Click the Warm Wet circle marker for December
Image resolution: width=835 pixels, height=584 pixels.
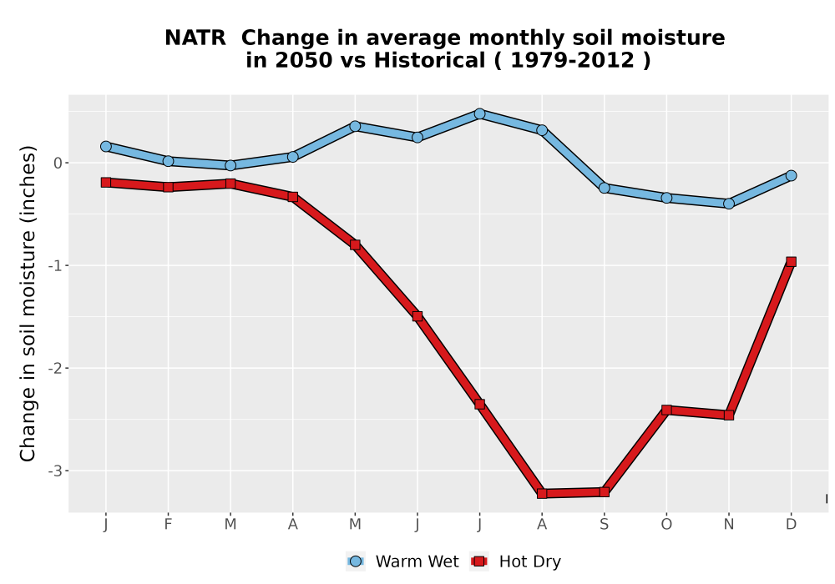(x=791, y=175)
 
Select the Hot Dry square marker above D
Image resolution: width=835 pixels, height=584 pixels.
(x=791, y=262)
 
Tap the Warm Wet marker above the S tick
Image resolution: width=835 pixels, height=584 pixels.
(x=604, y=188)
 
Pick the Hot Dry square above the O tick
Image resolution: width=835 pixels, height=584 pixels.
(x=666, y=410)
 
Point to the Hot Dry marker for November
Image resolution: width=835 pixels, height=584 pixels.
(x=728, y=415)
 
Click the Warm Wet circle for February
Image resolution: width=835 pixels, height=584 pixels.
(x=169, y=161)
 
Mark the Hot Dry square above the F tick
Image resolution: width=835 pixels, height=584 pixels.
(x=169, y=187)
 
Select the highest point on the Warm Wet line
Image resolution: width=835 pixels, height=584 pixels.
(x=479, y=113)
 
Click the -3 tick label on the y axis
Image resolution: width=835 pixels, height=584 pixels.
(x=55, y=471)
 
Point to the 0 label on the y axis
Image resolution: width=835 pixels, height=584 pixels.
(x=58, y=164)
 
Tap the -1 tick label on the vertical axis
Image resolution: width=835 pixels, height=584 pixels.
(x=55, y=266)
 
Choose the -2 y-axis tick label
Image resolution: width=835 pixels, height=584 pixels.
(x=55, y=369)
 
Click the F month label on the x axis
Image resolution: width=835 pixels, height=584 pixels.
(x=169, y=525)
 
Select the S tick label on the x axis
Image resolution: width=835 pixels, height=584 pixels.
(x=604, y=525)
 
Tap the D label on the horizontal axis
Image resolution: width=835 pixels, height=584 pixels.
(x=791, y=525)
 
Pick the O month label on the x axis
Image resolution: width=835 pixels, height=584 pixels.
(x=666, y=525)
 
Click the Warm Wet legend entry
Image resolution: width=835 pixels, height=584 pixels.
(x=402, y=561)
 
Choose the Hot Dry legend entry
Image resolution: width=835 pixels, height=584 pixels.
(x=515, y=561)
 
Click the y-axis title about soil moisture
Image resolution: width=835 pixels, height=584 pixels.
(x=28, y=304)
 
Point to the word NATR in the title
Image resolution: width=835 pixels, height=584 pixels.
(x=195, y=38)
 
